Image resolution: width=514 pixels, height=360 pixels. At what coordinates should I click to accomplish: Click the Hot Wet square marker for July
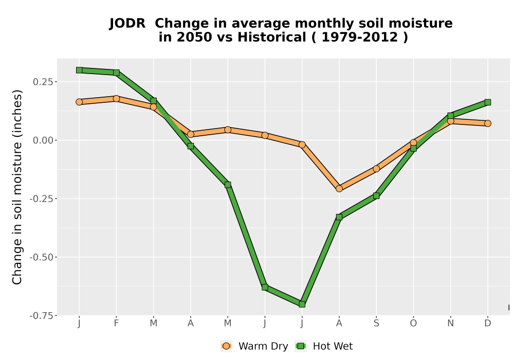(302, 304)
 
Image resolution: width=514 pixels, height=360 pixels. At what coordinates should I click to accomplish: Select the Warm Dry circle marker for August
(339, 189)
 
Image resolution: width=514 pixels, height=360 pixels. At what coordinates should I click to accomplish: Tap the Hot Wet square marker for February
(116, 73)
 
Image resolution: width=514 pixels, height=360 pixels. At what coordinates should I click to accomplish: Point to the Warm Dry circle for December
(487, 123)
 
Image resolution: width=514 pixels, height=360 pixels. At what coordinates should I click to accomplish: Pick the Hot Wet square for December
(487, 102)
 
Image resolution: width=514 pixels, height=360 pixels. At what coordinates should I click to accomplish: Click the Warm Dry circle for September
(376, 169)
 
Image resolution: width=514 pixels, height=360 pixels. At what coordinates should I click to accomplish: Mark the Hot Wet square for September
(376, 196)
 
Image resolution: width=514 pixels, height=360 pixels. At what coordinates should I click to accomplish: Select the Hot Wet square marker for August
(339, 217)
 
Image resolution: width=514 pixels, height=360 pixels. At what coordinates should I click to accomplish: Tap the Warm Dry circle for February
(116, 98)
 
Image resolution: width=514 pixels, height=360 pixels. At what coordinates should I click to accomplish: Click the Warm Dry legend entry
(254, 346)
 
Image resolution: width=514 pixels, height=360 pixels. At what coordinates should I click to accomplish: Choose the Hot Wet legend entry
(324, 346)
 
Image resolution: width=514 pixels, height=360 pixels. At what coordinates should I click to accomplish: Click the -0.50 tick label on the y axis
(41, 257)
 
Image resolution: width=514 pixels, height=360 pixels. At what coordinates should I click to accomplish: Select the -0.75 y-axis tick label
(41, 316)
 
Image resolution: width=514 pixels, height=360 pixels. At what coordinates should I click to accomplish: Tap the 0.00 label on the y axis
(43, 140)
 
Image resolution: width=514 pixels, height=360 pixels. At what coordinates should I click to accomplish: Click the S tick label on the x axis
(376, 323)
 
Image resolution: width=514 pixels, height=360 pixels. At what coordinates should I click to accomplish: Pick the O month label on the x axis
(413, 323)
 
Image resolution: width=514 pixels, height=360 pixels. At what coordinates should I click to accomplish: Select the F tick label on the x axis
(116, 323)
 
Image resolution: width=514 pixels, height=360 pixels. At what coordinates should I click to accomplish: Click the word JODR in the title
(127, 24)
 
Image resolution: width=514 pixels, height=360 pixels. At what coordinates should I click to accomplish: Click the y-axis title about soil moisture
(17, 187)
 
